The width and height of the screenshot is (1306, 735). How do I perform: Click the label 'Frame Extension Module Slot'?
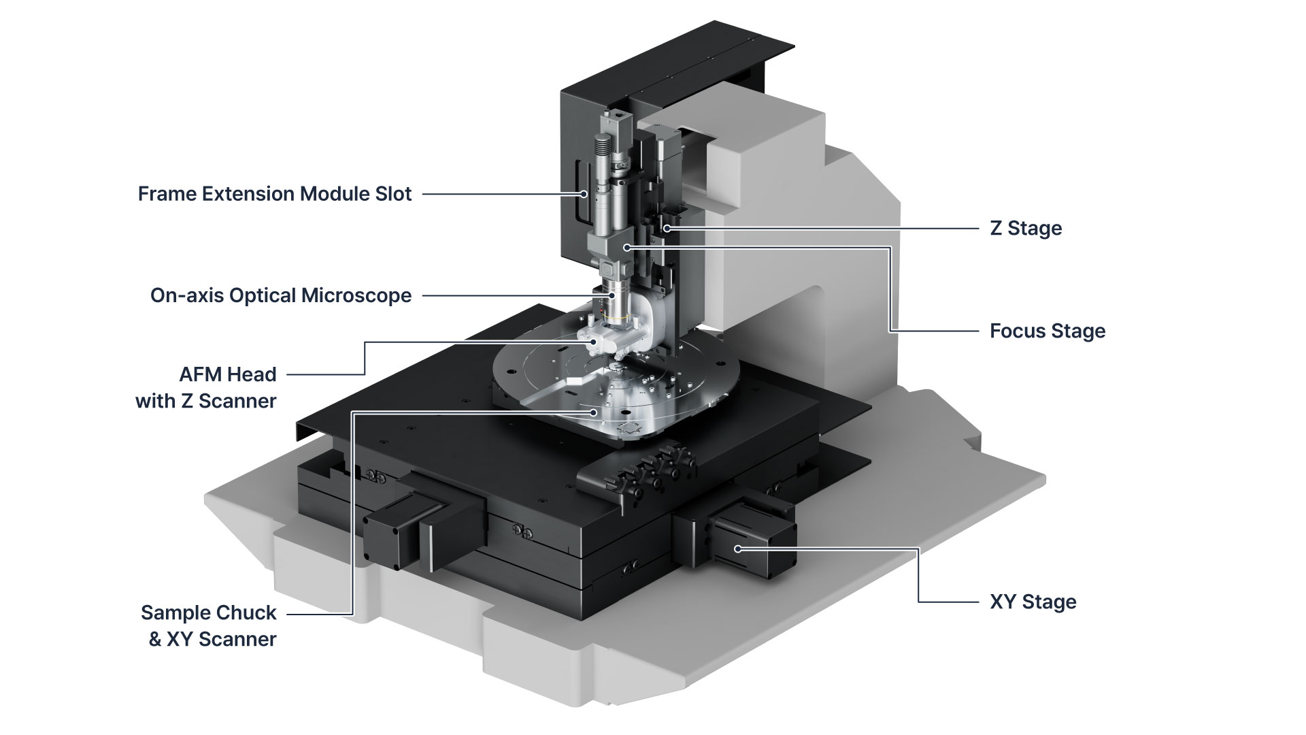tap(275, 194)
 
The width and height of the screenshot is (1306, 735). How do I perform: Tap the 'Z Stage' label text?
tap(1025, 228)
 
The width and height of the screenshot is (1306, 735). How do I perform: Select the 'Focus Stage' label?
tap(1047, 331)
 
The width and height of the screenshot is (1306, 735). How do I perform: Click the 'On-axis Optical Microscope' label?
tap(281, 296)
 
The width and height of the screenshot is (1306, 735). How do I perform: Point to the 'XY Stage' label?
tap(1033, 602)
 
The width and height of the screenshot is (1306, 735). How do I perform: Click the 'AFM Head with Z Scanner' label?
tap(206, 387)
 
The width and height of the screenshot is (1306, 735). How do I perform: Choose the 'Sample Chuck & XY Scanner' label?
tap(209, 625)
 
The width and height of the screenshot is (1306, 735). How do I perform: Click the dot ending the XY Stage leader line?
tap(737, 549)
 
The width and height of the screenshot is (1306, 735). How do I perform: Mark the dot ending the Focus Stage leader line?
tap(627, 247)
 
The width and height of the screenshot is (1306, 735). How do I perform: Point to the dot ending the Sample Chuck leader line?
tap(594, 412)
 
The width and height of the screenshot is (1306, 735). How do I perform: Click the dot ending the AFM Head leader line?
tap(594, 342)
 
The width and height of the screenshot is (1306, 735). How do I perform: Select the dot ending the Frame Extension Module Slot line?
tap(584, 194)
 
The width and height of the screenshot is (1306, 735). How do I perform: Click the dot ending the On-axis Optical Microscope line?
tap(612, 295)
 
